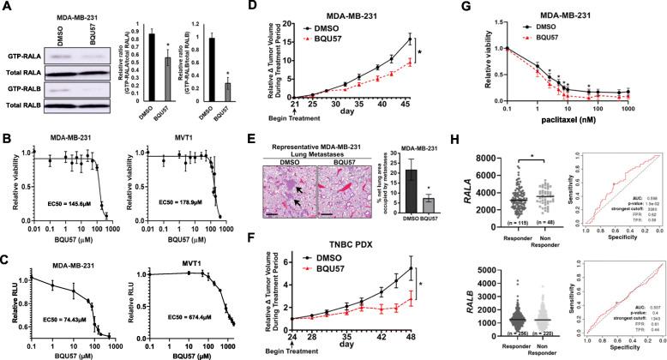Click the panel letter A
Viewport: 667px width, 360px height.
[6, 7]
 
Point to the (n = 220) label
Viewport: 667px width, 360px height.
[553, 351]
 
